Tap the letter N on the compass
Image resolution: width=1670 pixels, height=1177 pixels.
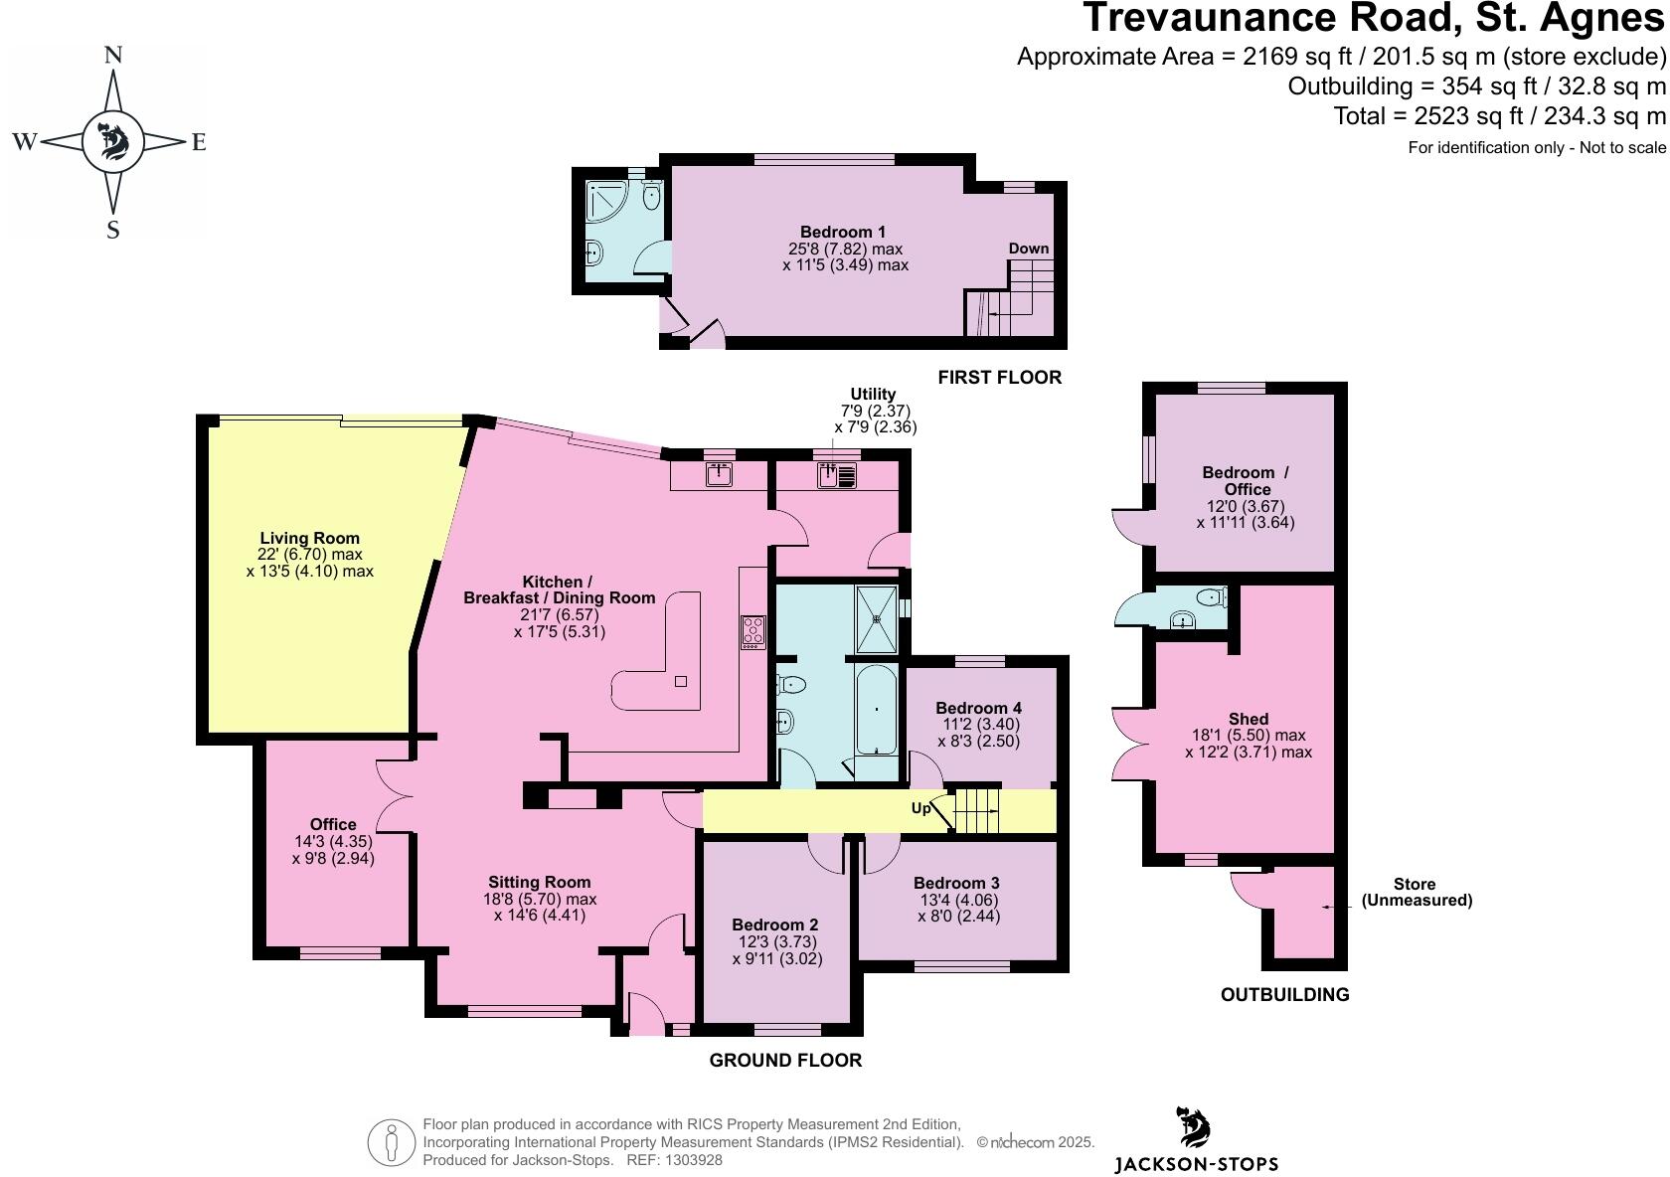click(113, 56)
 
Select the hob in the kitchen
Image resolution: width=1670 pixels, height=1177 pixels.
click(752, 632)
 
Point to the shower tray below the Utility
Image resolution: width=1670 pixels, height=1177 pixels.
click(877, 618)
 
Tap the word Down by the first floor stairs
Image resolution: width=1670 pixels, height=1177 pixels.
click(1028, 249)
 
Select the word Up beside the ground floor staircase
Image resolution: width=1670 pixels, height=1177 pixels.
click(921, 808)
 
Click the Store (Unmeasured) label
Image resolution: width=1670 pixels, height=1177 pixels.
click(1416, 892)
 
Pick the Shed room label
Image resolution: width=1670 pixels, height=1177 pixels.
click(1248, 719)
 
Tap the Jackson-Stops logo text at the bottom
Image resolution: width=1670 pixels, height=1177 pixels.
click(1196, 1163)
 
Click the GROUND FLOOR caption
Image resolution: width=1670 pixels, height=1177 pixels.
click(785, 1061)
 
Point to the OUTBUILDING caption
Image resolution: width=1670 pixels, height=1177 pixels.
click(1284, 994)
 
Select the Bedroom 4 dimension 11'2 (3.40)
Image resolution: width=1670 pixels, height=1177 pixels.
click(978, 725)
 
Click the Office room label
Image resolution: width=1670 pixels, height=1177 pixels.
click(333, 824)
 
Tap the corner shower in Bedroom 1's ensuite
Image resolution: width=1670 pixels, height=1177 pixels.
click(603, 202)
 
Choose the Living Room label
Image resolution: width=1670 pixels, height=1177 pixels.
click(309, 538)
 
